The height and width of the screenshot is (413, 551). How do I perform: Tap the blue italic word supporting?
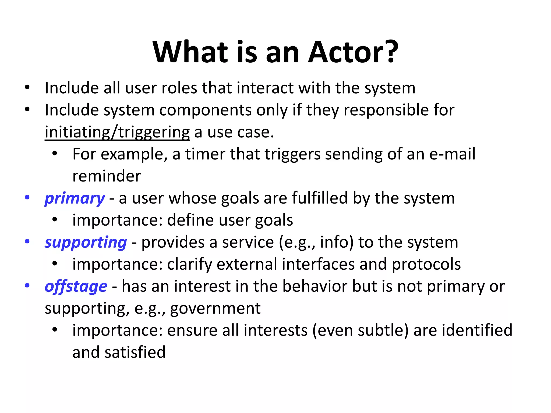pos(86,243)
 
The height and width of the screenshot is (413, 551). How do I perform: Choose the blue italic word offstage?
pos(76,286)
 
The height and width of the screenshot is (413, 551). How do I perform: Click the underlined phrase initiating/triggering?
pos(117,132)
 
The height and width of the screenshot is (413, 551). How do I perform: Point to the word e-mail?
pos(452,154)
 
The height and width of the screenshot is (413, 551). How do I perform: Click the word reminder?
pos(107,176)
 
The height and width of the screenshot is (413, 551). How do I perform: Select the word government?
pos(215,308)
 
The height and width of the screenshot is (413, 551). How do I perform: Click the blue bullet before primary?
pos(27,198)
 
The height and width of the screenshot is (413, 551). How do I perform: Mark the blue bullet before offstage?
pos(27,286)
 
